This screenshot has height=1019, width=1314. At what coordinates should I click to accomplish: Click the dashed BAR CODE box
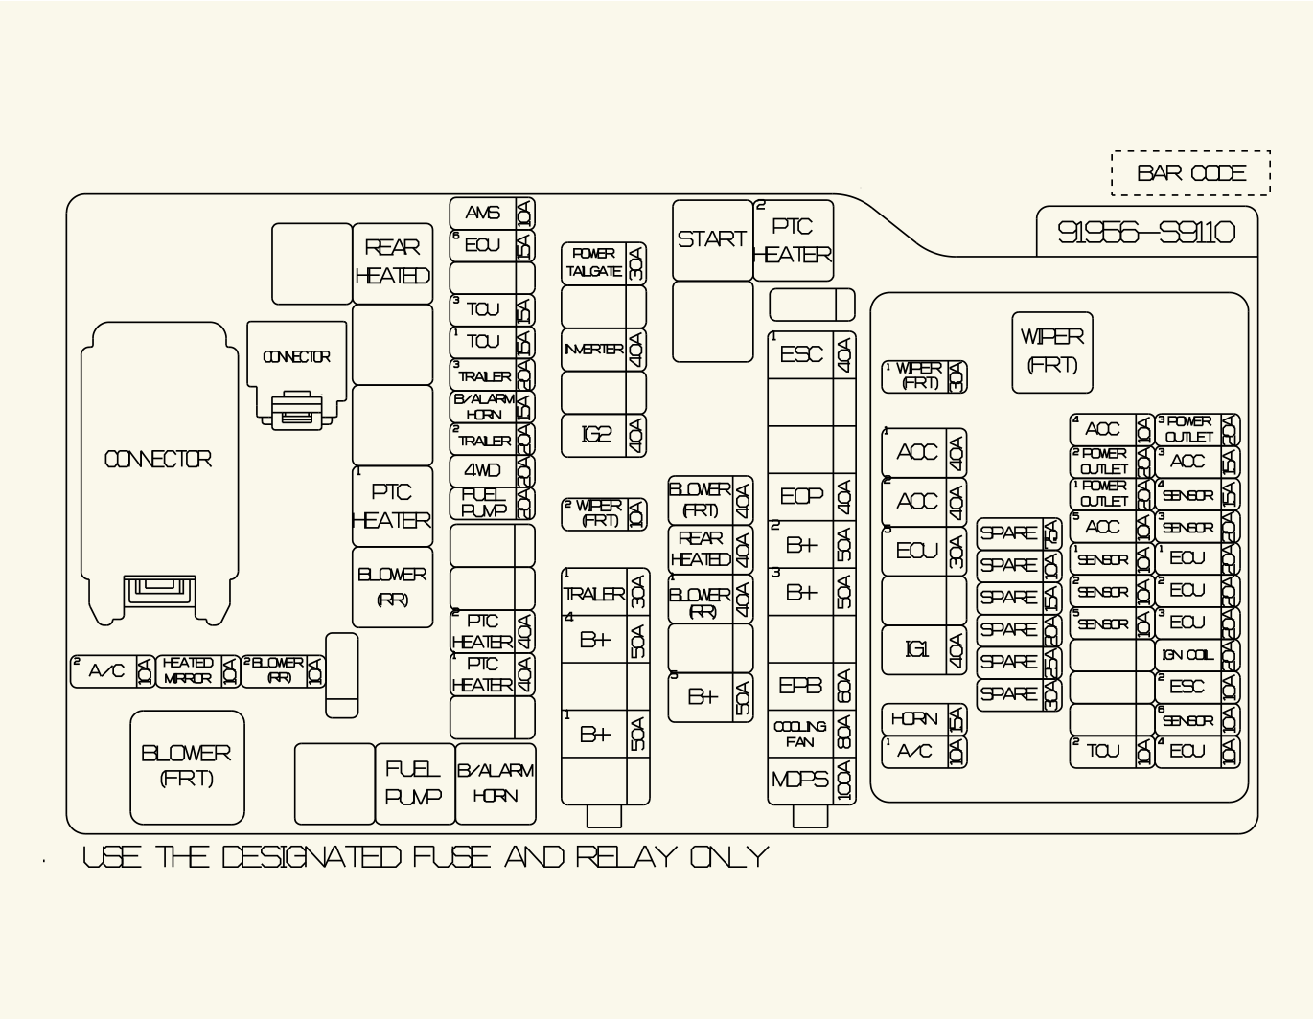1190,173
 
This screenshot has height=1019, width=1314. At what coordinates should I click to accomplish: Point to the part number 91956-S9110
1146,233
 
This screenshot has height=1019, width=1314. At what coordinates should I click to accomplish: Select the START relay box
712,239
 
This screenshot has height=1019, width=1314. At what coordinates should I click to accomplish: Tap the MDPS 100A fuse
811,781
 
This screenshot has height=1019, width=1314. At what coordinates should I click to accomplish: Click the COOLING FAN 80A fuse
811,735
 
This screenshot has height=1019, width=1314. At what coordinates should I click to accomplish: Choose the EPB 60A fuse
811,687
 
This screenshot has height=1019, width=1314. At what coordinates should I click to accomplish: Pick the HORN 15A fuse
924,719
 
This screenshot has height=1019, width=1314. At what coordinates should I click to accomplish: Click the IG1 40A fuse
924,650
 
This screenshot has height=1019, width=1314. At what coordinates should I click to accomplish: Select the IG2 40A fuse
604,435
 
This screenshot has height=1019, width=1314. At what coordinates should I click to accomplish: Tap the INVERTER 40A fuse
604,350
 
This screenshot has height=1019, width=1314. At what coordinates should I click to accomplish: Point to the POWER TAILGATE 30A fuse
604,263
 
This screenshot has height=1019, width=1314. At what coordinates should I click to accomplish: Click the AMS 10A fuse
492,214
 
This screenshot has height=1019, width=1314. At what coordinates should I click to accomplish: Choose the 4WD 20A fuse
492,470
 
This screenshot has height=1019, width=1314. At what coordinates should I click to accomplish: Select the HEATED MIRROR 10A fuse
197,670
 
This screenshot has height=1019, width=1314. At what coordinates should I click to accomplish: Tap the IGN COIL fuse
1197,655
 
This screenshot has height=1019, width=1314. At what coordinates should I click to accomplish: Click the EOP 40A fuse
811,496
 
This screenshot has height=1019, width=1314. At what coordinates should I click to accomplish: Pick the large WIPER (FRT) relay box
1052,351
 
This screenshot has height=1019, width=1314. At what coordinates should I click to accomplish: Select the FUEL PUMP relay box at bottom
414,782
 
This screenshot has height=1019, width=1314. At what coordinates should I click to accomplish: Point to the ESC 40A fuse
811,355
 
